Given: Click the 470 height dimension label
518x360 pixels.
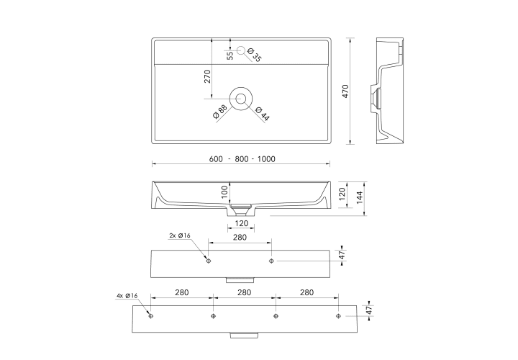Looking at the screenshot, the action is tap(345, 91).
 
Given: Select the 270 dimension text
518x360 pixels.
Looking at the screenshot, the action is tap(207, 76).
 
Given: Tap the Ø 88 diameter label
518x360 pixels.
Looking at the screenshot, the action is tap(220, 112).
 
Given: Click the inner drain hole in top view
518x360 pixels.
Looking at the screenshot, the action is tap(241, 99).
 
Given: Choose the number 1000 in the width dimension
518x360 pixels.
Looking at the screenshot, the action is tap(266, 159).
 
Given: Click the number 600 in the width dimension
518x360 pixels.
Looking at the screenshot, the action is tap(216, 159).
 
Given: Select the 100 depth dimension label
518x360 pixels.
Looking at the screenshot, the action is tap(224, 192).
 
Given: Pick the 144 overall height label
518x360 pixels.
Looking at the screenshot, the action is tap(360, 197).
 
